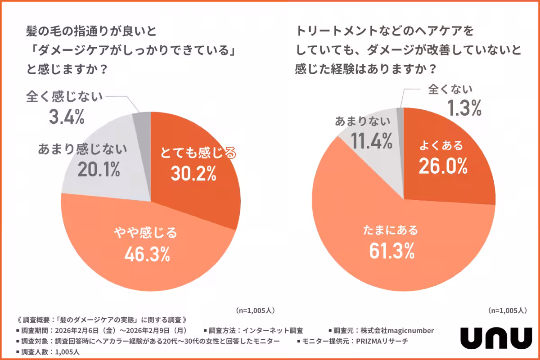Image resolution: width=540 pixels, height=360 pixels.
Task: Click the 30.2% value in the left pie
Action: click(194, 173)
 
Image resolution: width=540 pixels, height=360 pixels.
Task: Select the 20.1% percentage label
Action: click(99, 169)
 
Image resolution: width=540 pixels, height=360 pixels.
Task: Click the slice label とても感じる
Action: click(198, 153)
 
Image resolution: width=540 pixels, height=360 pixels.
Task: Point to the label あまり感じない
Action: click(83, 148)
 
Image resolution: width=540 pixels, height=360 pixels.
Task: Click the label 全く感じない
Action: click(65, 96)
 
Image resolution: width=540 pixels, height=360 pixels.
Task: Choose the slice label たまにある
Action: click(391, 230)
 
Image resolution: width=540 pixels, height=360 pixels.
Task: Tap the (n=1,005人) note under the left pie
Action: click(255, 310)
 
